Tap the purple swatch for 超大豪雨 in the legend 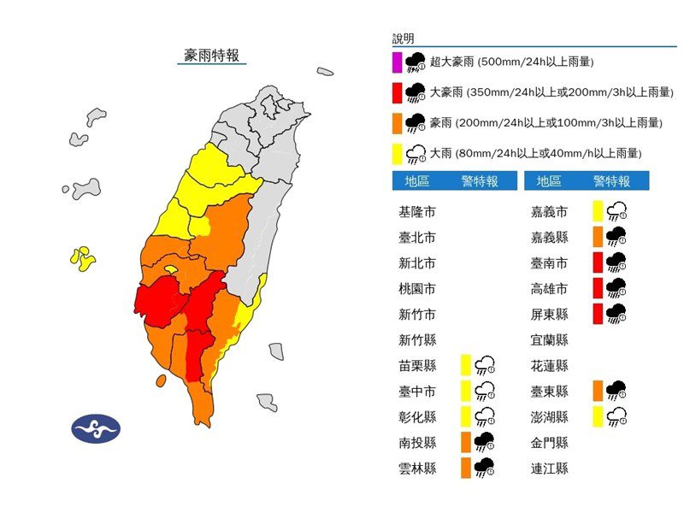point(398,62)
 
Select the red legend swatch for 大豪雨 point(398,92)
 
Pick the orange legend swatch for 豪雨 point(398,122)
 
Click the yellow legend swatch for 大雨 point(398,153)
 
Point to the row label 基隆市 point(417,211)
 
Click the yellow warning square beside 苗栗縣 point(467,365)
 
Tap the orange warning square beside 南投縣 point(467,442)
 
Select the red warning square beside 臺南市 point(598,262)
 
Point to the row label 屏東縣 point(550,314)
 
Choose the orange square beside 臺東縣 point(598,391)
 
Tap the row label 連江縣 point(550,468)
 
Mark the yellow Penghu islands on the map point(82,258)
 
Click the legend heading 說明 point(404,39)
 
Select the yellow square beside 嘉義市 point(598,211)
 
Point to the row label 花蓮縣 point(550,365)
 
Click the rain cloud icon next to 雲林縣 point(484,468)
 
